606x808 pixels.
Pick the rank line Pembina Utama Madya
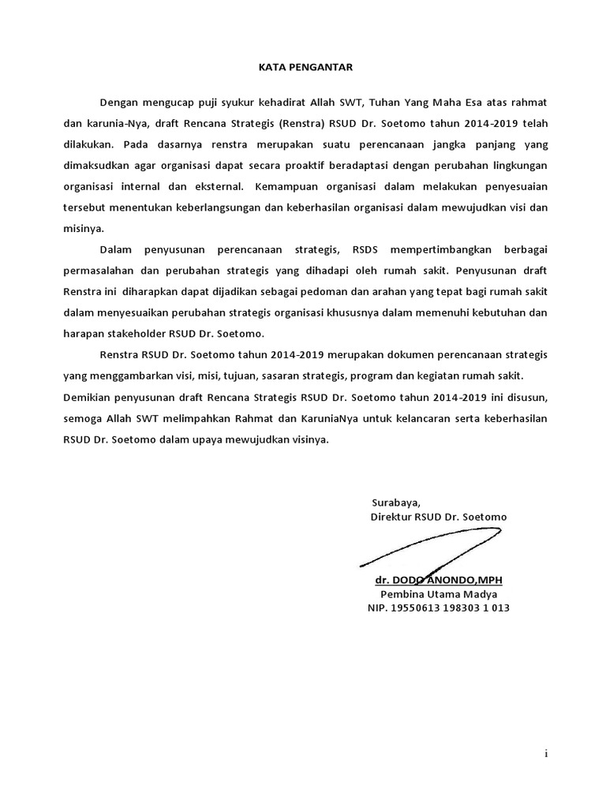(x=439, y=594)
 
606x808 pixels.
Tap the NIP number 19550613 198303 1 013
(x=438, y=608)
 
